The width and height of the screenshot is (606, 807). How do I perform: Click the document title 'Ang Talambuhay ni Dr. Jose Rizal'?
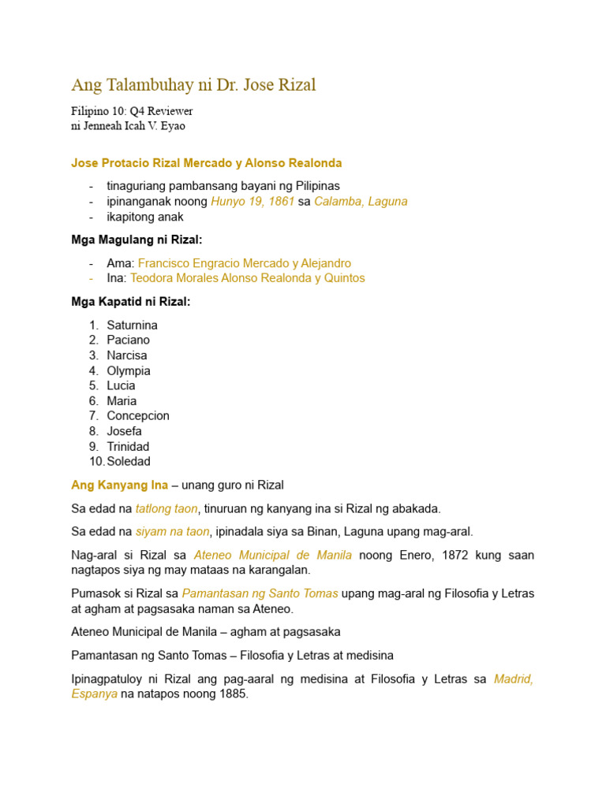193,85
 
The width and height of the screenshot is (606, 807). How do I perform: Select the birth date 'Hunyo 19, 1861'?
252,202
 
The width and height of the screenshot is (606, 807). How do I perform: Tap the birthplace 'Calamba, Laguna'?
361,202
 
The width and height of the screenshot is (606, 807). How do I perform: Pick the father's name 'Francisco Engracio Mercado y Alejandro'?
245,263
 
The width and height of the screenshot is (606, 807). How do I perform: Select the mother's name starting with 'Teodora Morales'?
248,278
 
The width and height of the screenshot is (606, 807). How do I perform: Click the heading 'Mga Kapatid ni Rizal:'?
131,301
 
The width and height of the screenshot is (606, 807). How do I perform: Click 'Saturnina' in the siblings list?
133,325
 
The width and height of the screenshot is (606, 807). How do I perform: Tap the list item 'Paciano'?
129,340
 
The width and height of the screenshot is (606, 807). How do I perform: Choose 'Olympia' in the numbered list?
129,370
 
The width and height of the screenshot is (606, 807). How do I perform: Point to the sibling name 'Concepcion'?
138,415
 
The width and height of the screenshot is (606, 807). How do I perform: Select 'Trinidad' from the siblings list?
128,446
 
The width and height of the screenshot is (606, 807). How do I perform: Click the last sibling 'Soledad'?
129,461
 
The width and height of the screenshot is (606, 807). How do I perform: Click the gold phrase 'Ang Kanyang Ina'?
119,485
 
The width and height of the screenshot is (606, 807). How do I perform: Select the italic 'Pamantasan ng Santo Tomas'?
260,593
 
